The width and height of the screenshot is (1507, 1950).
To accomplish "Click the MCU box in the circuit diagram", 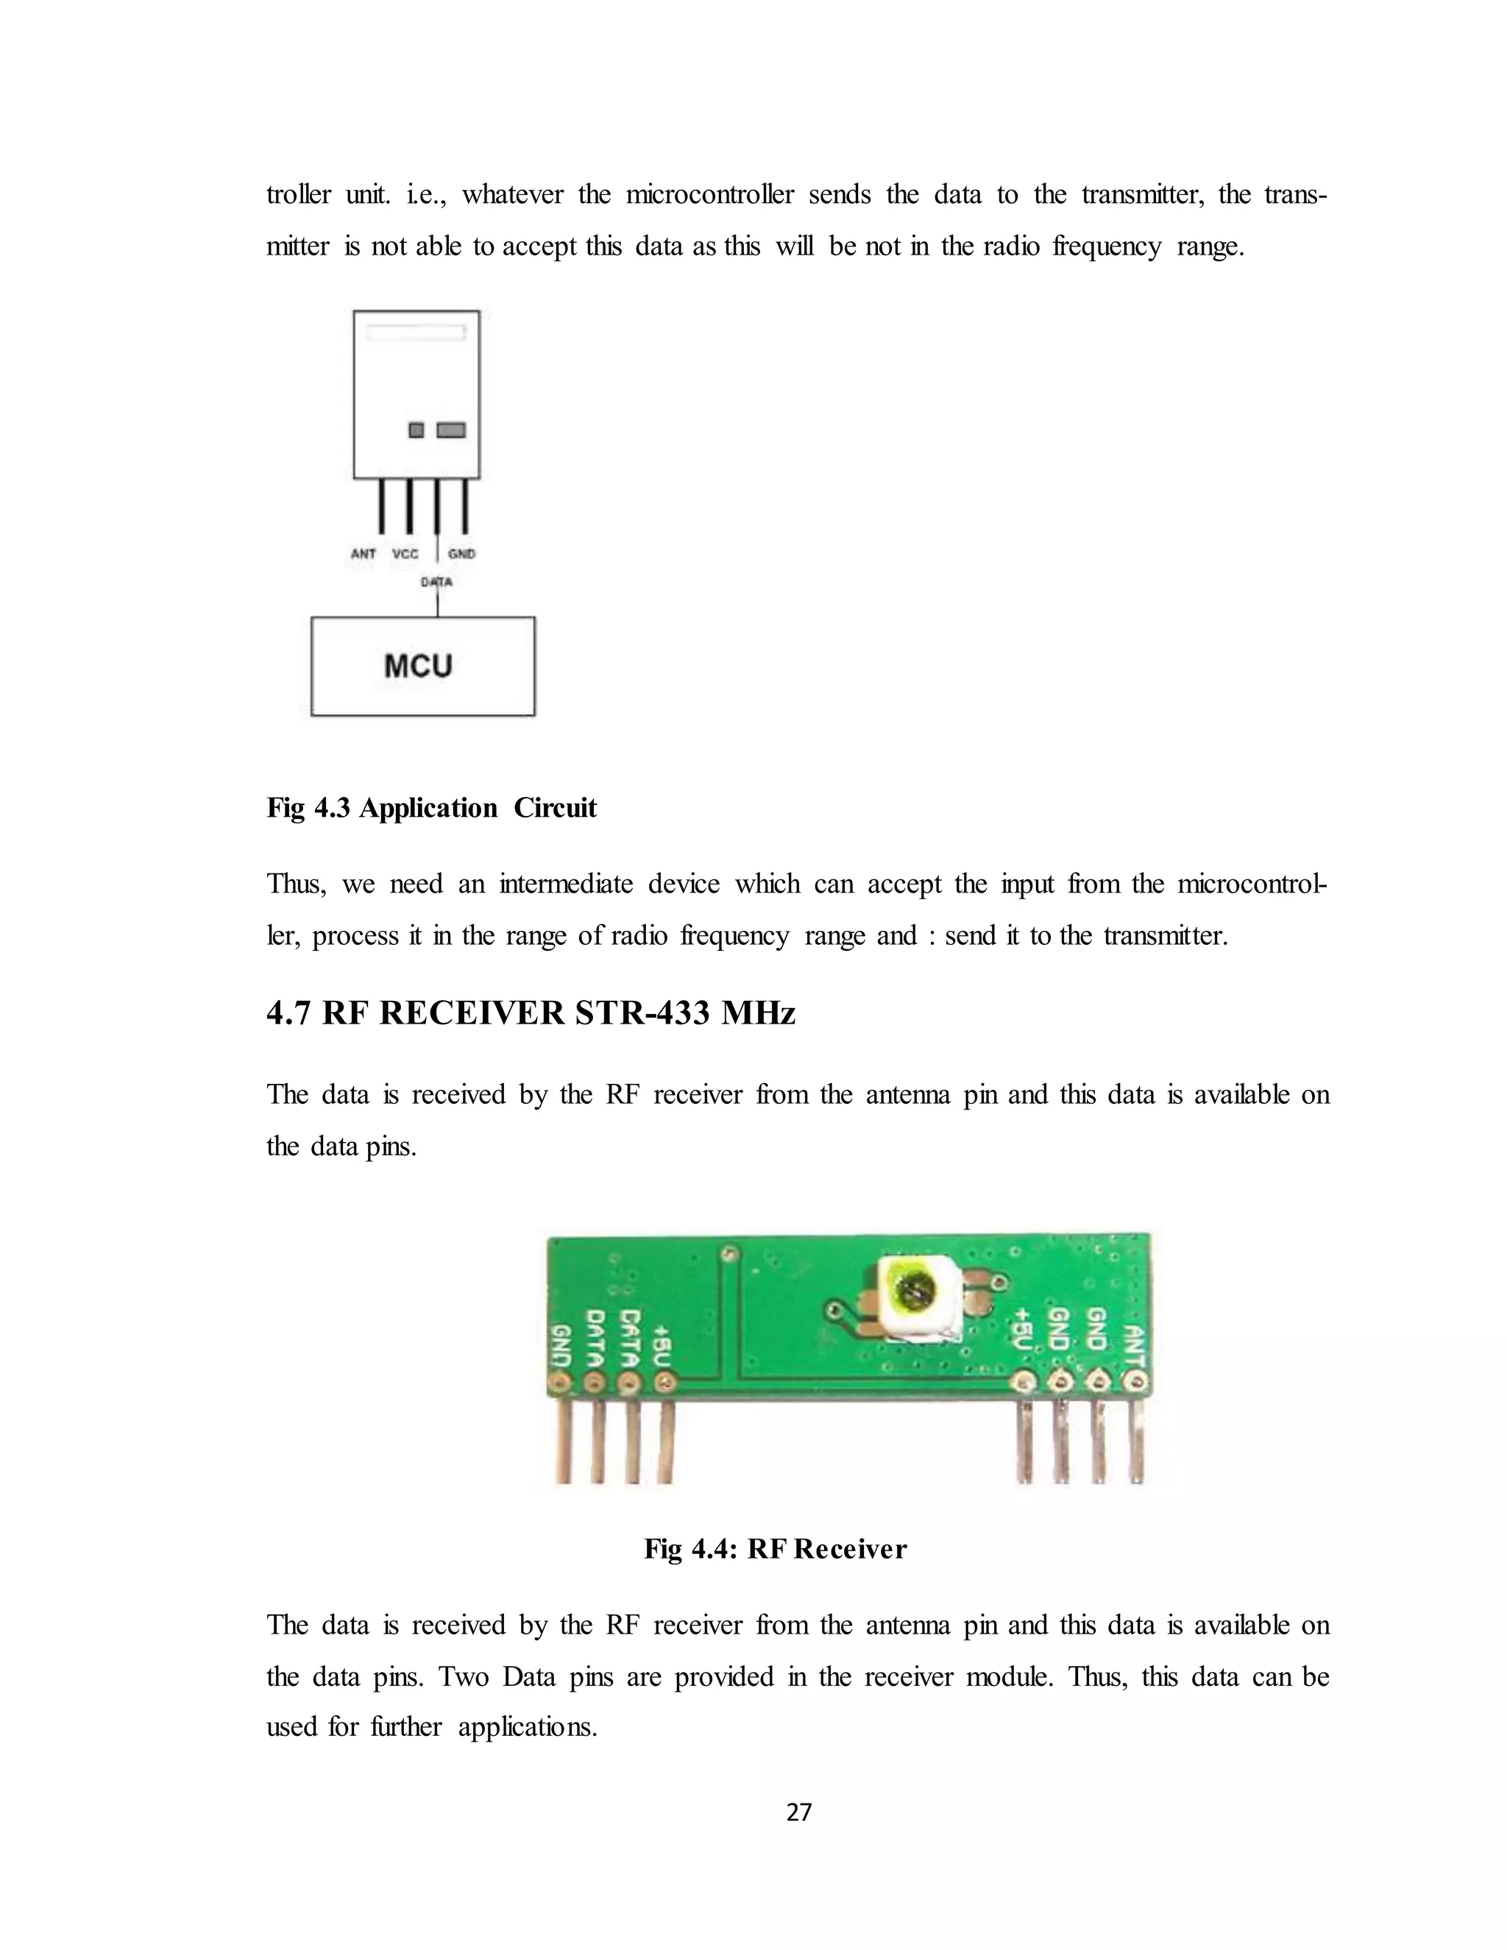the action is [x=422, y=666].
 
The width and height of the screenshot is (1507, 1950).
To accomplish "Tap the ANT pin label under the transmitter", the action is [x=364, y=553].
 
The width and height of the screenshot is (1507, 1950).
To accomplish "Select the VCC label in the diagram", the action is [x=405, y=553].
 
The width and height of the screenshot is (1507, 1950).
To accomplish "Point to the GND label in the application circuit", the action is [x=461, y=553].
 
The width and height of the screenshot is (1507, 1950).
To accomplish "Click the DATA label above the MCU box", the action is [x=436, y=582].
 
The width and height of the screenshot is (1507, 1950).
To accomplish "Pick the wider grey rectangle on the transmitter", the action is [x=451, y=430].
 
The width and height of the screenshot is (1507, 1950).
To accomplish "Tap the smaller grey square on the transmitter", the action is [x=416, y=430].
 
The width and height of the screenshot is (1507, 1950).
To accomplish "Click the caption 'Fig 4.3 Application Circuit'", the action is [x=431, y=808].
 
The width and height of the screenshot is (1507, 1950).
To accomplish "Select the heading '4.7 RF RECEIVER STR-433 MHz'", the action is [x=531, y=1013].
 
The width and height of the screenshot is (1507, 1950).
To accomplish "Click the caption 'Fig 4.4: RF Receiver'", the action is [x=775, y=1549].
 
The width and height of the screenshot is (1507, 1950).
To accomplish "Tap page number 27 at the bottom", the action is [x=799, y=1812].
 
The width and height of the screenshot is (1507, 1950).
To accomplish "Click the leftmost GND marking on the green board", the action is [x=562, y=1347].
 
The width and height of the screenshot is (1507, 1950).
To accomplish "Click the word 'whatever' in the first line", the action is [x=512, y=195].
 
